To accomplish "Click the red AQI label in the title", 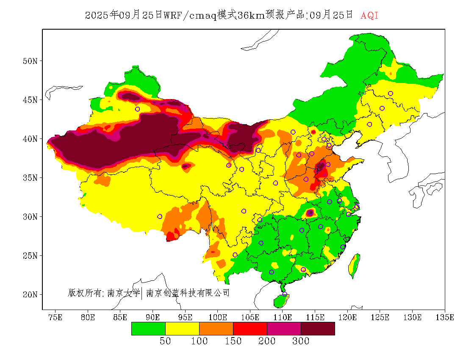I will (x=369, y=16).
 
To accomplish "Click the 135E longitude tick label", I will (x=445, y=317).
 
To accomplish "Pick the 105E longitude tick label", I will (x=250, y=317).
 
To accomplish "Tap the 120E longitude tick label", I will (x=347, y=317).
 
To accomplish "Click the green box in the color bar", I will (x=148, y=329).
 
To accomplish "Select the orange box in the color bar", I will (x=216, y=329).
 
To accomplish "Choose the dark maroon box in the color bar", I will (x=318, y=329).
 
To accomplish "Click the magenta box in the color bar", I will (x=284, y=329).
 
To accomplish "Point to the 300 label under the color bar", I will (x=300, y=341).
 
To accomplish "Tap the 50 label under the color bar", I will (x=165, y=341).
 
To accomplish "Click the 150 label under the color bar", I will (x=233, y=341).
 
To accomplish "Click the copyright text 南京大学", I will (x=123, y=293).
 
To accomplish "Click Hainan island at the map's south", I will (x=280, y=301).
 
